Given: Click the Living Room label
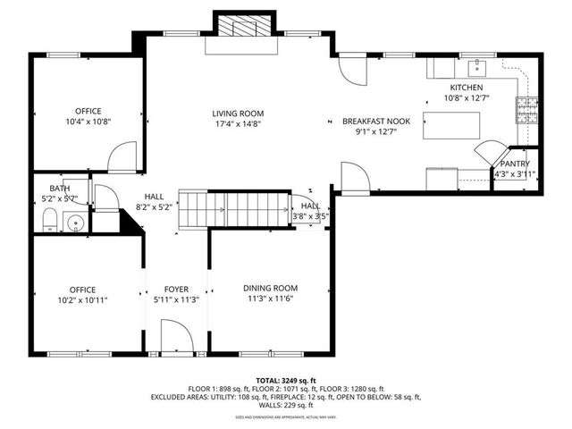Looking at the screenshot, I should [237, 113].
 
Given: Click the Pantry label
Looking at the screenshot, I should [515, 164].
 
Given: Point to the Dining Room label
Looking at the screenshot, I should [271, 288].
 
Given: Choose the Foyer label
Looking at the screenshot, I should [176, 289].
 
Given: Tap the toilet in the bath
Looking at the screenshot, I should [50, 221].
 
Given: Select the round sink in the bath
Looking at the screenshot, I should [76, 222].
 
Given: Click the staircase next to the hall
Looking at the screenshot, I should [235, 210].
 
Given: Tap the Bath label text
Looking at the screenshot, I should [60, 188].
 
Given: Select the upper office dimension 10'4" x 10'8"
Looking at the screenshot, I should [88, 122].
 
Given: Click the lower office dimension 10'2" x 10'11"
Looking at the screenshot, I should [84, 300].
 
